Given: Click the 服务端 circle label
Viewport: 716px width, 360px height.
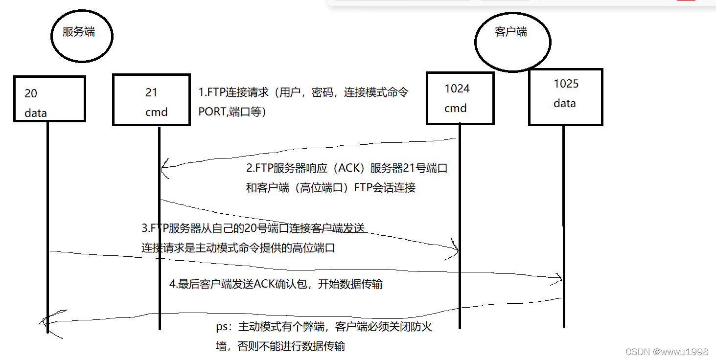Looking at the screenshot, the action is [79, 33].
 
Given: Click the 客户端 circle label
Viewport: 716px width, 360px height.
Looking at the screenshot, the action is [510, 32].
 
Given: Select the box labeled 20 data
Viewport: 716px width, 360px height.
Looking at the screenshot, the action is [49, 99].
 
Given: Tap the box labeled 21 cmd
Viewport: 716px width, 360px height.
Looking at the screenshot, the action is [151, 100].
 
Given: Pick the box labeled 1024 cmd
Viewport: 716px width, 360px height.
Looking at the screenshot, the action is [460, 98].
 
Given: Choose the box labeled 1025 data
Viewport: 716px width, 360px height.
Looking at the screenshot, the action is [565, 97].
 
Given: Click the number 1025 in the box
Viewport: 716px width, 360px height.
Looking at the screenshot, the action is [566, 84].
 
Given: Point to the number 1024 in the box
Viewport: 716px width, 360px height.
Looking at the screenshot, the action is [457, 89].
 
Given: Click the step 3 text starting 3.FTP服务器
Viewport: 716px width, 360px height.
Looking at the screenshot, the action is [253, 228].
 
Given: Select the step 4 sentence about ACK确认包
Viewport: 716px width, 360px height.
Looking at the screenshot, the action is [276, 284].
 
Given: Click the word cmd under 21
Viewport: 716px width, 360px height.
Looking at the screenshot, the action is [156, 112].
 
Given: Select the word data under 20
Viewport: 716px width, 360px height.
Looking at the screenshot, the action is [36, 113].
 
